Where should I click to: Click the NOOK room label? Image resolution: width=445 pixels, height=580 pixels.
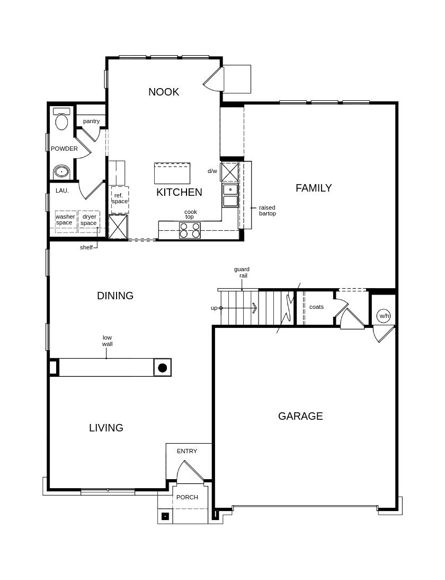coord(164,92)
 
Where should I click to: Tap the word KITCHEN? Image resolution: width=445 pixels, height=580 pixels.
coord(179,192)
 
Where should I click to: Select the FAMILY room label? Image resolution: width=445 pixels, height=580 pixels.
coord(314,188)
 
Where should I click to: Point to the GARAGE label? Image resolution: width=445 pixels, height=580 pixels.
coord(300,416)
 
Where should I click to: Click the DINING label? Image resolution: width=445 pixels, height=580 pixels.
coord(115,296)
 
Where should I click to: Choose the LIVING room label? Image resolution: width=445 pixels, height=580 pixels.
coord(106,428)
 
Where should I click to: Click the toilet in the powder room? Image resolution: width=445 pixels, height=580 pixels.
coord(61,119)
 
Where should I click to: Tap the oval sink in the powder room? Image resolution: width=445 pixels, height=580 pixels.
coord(61,171)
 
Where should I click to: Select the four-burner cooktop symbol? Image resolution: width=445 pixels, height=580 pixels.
coord(190,230)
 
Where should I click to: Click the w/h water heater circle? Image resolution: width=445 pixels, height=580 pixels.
coord(384,316)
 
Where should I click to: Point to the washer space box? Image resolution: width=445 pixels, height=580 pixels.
coord(66,221)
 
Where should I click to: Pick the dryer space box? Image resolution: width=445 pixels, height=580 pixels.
coord(89,221)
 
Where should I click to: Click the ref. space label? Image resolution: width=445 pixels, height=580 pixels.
coord(119,198)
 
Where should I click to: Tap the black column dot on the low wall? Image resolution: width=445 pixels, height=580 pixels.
coord(163,368)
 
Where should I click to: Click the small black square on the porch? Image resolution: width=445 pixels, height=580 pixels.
coord(165,516)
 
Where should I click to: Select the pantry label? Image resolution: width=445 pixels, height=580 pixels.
coord(91,122)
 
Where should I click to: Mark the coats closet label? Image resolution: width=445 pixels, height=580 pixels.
coord(316,307)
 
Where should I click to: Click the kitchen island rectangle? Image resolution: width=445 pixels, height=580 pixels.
coord(172,173)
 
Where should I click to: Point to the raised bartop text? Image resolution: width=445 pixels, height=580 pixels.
coord(268,211)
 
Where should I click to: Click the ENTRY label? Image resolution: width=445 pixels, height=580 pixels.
coord(187,451)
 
